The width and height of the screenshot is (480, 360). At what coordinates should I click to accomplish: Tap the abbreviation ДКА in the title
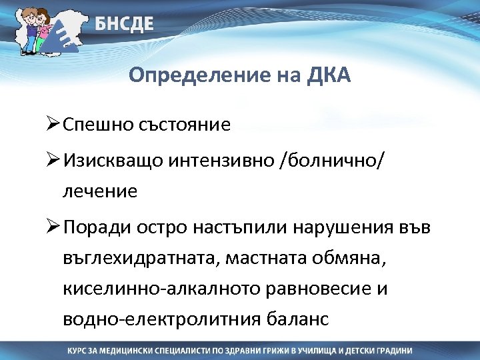pos(328,76)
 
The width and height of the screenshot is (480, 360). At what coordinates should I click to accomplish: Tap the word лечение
pos(100,192)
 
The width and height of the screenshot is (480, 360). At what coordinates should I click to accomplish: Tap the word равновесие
pos(331,289)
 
